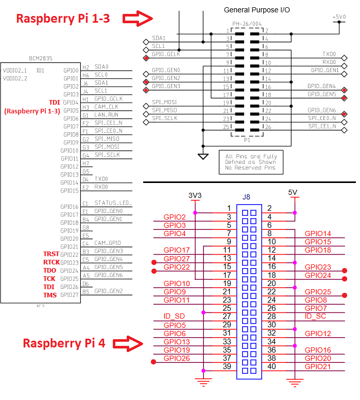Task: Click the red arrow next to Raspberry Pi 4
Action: click(128, 343)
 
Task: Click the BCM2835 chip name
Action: click(41, 59)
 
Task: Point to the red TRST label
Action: click(52, 255)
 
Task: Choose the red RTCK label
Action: click(52, 263)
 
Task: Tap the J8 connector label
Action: click(246, 197)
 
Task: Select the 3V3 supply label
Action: click(195, 196)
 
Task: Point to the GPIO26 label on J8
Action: click(177, 358)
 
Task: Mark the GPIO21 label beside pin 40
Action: click(318, 366)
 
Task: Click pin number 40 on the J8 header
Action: click(271, 366)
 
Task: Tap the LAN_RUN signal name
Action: click(107, 114)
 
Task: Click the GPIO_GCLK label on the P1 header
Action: click(166, 54)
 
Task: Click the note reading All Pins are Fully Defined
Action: click(251, 162)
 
